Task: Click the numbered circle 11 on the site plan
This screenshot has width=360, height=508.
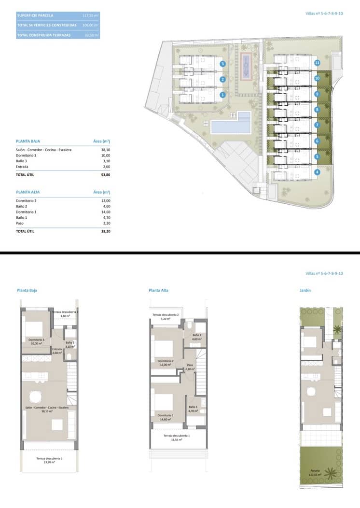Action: (x=317, y=63)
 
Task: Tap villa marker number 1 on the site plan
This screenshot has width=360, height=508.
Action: (x=222, y=95)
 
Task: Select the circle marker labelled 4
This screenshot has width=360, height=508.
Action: (x=317, y=172)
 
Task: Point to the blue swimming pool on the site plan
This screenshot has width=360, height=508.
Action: (x=231, y=127)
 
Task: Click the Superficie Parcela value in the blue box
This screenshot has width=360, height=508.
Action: (x=91, y=15)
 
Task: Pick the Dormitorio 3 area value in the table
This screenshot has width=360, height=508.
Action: (x=105, y=155)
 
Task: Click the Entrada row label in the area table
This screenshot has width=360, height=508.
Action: (x=23, y=167)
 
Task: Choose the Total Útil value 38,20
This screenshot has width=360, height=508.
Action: (x=105, y=232)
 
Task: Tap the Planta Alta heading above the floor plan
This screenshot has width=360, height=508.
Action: (x=158, y=290)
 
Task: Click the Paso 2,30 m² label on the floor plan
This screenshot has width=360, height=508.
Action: (x=190, y=367)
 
